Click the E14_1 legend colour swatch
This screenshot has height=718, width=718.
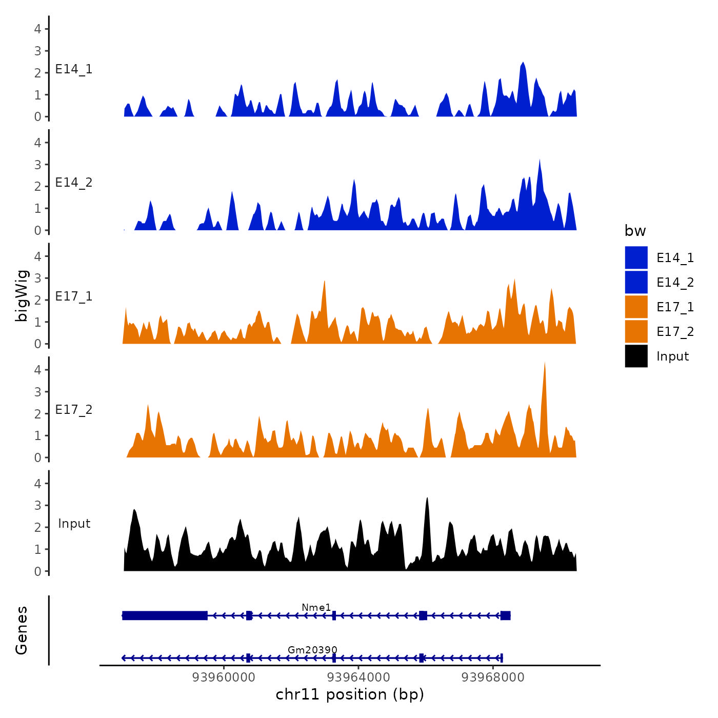click(636, 257)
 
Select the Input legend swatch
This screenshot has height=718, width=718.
click(636, 356)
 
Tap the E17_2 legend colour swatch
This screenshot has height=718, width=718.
click(636, 331)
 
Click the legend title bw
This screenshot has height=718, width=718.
click(635, 231)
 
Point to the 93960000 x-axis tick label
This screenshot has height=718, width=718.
click(224, 677)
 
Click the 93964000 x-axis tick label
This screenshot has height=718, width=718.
click(358, 677)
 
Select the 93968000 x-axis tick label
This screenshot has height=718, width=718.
click(493, 677)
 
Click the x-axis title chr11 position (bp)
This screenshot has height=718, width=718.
click(350, 694)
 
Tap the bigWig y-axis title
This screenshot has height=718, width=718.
click(22, 296)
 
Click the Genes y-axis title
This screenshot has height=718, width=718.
click(22, 630)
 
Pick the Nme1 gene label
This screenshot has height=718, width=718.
click(316, 607)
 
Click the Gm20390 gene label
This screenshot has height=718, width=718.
click(312, 650)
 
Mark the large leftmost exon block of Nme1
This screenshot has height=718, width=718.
click(165, 615)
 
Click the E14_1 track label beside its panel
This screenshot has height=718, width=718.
click(74, 69)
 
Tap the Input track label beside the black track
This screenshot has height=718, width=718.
click(74, 524)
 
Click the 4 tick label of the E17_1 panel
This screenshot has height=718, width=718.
click(37, 256)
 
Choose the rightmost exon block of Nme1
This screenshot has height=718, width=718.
click(505, 615)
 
